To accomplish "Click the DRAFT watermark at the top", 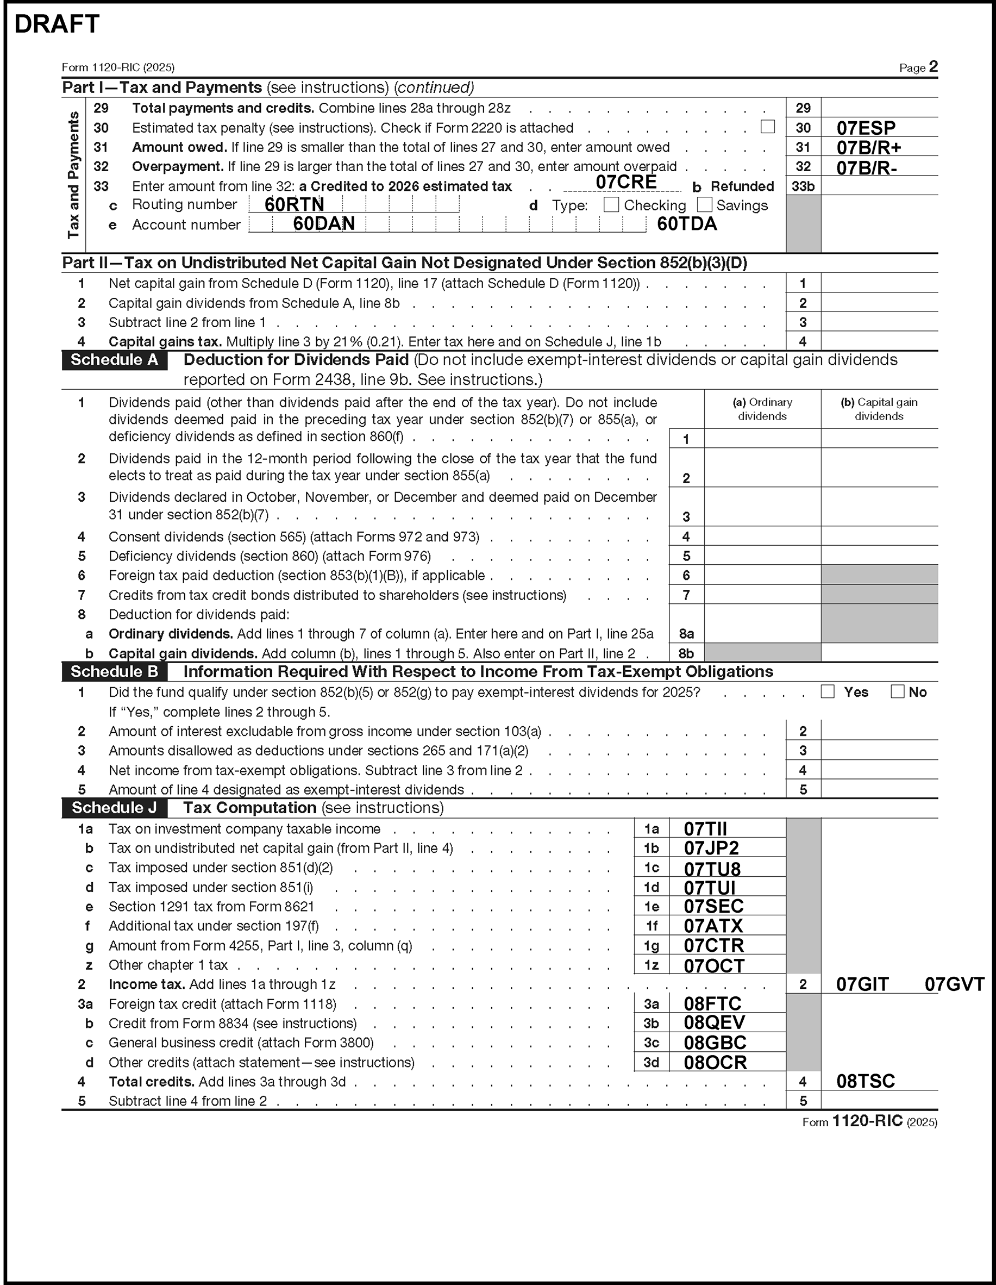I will click(x=57, y=24).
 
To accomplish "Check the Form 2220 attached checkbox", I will click(x=767, y=127).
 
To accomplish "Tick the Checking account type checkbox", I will click(x=611, y=205).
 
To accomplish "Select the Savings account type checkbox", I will click(x=704, y=205).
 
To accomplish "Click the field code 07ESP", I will click(x=866, y=128).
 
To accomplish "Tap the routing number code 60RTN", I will click(x=294, y=205).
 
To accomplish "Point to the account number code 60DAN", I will click(x=323, y=223).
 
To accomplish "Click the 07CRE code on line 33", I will click(x=626, y=182).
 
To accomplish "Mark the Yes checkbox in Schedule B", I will click(x=828, y=692).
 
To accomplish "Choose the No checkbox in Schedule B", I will click(x=897, y=692).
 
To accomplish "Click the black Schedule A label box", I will click(x=114, y=360).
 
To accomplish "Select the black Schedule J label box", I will click(x=114, y=808).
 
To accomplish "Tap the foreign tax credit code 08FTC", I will click(x=712, y=1004).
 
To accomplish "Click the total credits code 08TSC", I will click(x=866, y=1081).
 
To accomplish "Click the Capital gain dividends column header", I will click(x=879, y=409).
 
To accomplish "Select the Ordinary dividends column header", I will click(x=762, y=409).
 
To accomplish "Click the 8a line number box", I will click(x=686, y=634).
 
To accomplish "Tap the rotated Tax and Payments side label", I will click(x=73, y=176).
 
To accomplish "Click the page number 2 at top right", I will click(x=932, y=66).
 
